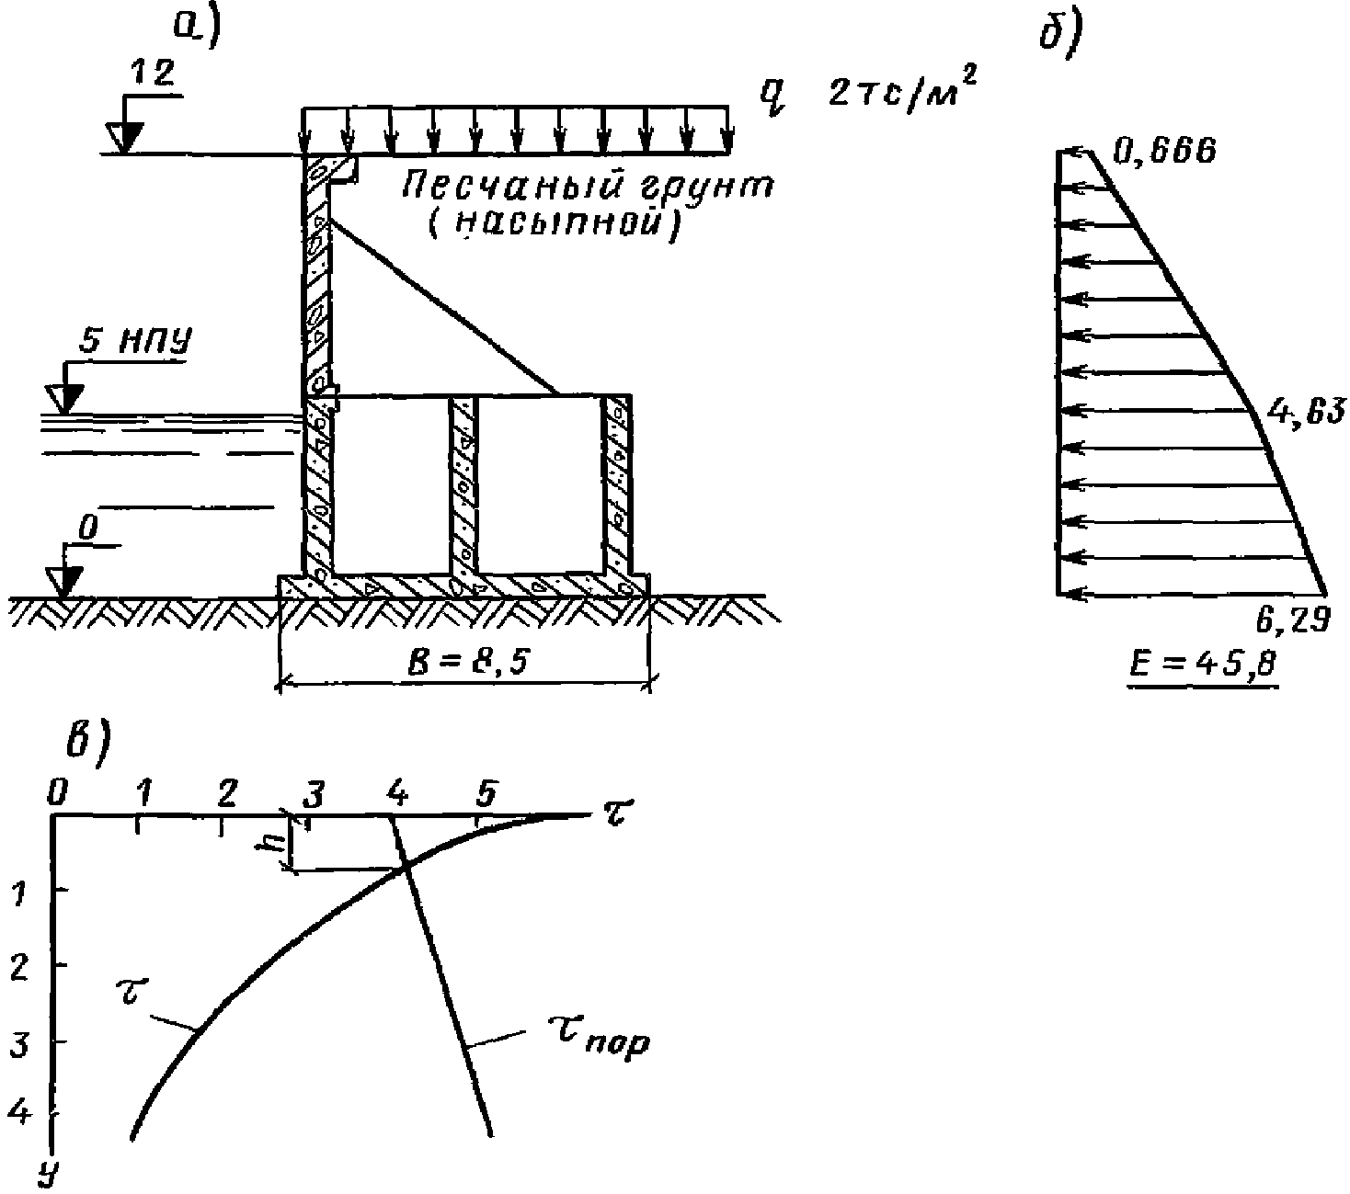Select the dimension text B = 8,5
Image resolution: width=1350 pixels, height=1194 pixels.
tap(463, 660)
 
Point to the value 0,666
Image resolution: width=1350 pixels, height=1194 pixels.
tap(1164, 150)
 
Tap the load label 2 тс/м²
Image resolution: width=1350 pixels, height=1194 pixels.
tap(901, 93)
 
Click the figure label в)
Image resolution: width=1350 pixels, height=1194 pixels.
tap(88, 740)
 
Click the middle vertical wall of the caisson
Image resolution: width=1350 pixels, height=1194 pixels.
tap(463, 484)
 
